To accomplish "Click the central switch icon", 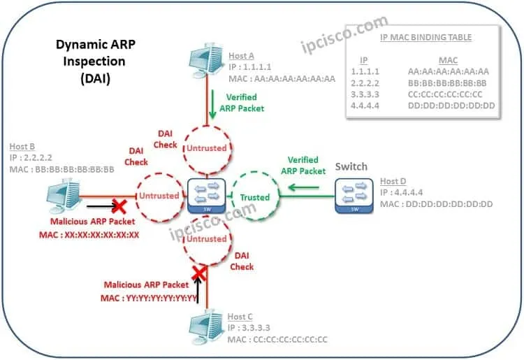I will coord(205,196).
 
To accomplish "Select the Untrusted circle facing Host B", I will coord(158,196).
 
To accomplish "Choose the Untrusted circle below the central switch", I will coord(205,238).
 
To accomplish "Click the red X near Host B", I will coord(119,207).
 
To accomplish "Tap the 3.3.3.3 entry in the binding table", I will coord(364,94).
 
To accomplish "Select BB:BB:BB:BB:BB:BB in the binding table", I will coord(448,82).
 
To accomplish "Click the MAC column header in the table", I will coord(448,60).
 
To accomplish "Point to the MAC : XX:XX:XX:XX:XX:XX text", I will coord(89,235).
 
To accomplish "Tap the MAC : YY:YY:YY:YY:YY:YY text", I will coord(151,297).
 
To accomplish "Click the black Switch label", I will coord(351,168).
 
